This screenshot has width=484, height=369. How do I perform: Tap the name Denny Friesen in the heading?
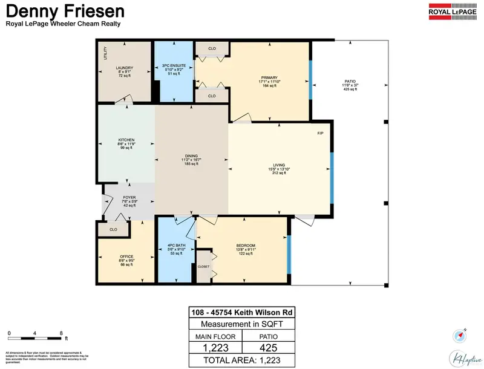click(65, 11)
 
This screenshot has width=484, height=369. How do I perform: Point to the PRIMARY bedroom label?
click(269, 77)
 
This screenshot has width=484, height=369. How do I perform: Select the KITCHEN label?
click(126, 140)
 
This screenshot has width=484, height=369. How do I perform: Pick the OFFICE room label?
click(126, 256)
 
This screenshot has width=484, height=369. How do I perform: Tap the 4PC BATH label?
click(175, 245)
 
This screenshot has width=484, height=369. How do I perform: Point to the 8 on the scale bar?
click(61, 333)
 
